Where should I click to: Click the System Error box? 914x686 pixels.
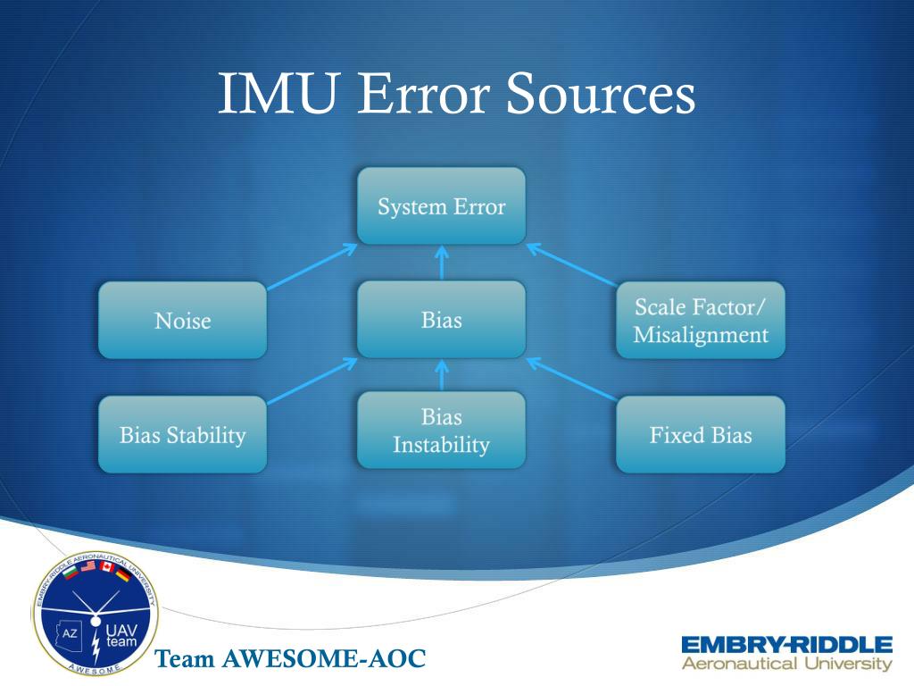tap(441, 206)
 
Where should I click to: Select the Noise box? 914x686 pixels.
tap(182, 320)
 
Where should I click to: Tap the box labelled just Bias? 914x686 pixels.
tap(441, 319)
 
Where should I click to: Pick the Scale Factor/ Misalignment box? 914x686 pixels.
tap(701, 320)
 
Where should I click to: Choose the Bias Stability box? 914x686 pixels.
tap(182, 434)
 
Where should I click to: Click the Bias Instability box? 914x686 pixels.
tap(441, 430)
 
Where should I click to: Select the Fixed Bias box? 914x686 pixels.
tap(701, 434)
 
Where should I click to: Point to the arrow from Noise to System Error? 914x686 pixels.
tap(312, 267)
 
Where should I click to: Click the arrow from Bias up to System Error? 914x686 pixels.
tap(441, 262)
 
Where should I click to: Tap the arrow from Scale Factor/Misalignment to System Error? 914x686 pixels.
tap(571, 265)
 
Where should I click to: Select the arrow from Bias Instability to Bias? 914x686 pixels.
tap(441, 375)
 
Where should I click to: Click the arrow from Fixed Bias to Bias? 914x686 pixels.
tap(571, 380)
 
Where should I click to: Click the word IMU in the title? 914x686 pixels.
tap(277, 94)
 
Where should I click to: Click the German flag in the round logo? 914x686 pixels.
tap(123, 575)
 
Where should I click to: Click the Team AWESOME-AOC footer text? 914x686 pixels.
tap(290, 660)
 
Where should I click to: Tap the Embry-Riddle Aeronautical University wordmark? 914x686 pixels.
tap(786, 653)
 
